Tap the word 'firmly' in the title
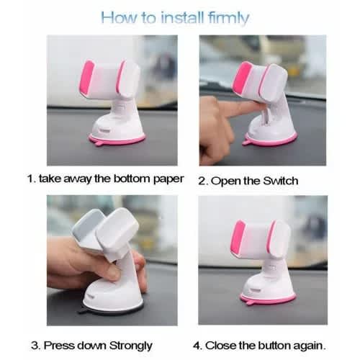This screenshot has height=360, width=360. click(x=228, y=18)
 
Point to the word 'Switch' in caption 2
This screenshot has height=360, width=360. click(x=280, y=181)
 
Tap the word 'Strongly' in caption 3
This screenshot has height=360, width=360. click(x=130, y=346)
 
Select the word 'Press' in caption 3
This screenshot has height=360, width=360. click(x=59, y=346)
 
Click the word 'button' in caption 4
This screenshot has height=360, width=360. click(x=274, y=346)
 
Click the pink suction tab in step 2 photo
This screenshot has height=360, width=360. click(x=247, y=143)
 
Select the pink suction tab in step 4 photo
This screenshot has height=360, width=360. click(x=250, y=302)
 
